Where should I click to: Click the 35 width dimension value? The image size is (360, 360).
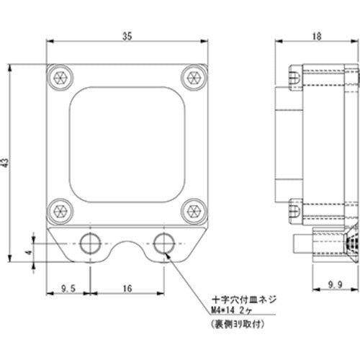[x=127, y=34]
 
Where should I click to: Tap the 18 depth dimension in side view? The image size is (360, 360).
[x=316, y=34]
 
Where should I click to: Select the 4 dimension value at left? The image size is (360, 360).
[x=28, y=252]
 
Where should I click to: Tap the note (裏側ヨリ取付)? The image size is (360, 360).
[x=239, y=323]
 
